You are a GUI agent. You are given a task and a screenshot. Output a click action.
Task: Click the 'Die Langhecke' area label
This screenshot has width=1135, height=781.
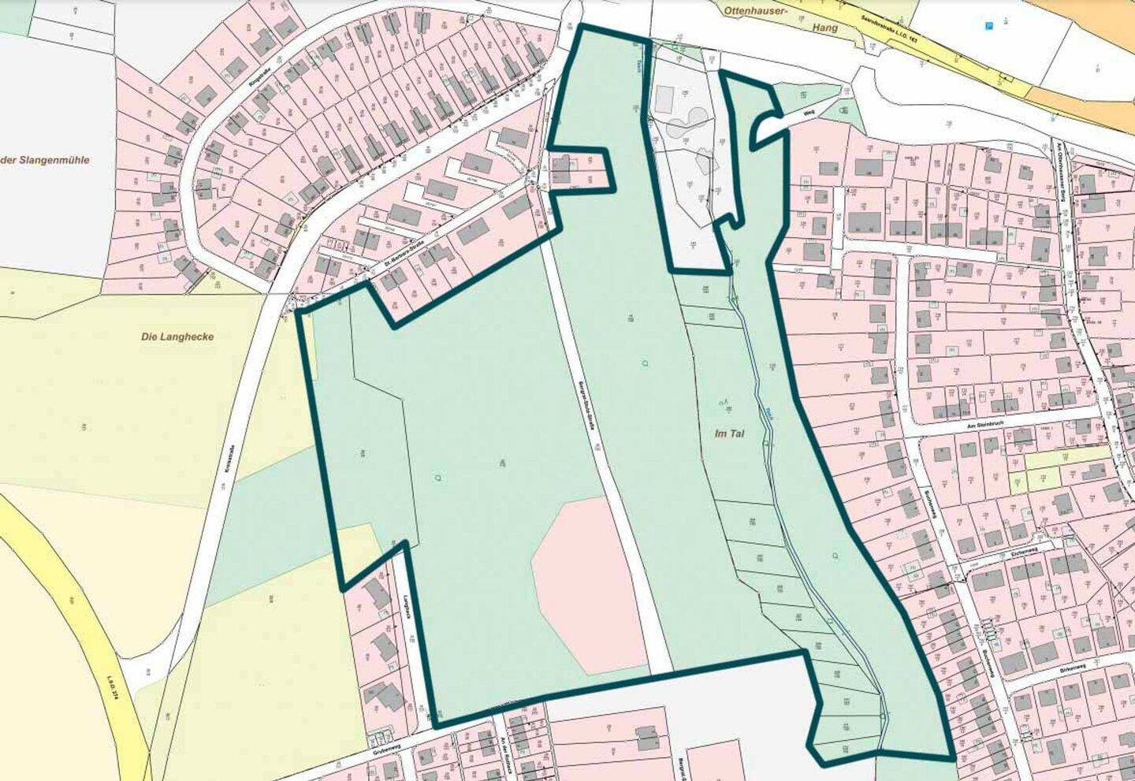[x=177, y=337]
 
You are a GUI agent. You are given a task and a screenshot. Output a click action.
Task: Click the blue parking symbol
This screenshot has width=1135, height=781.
[x=989, y=26]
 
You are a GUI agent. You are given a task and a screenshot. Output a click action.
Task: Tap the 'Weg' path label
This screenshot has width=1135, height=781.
[x=809, y=112]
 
